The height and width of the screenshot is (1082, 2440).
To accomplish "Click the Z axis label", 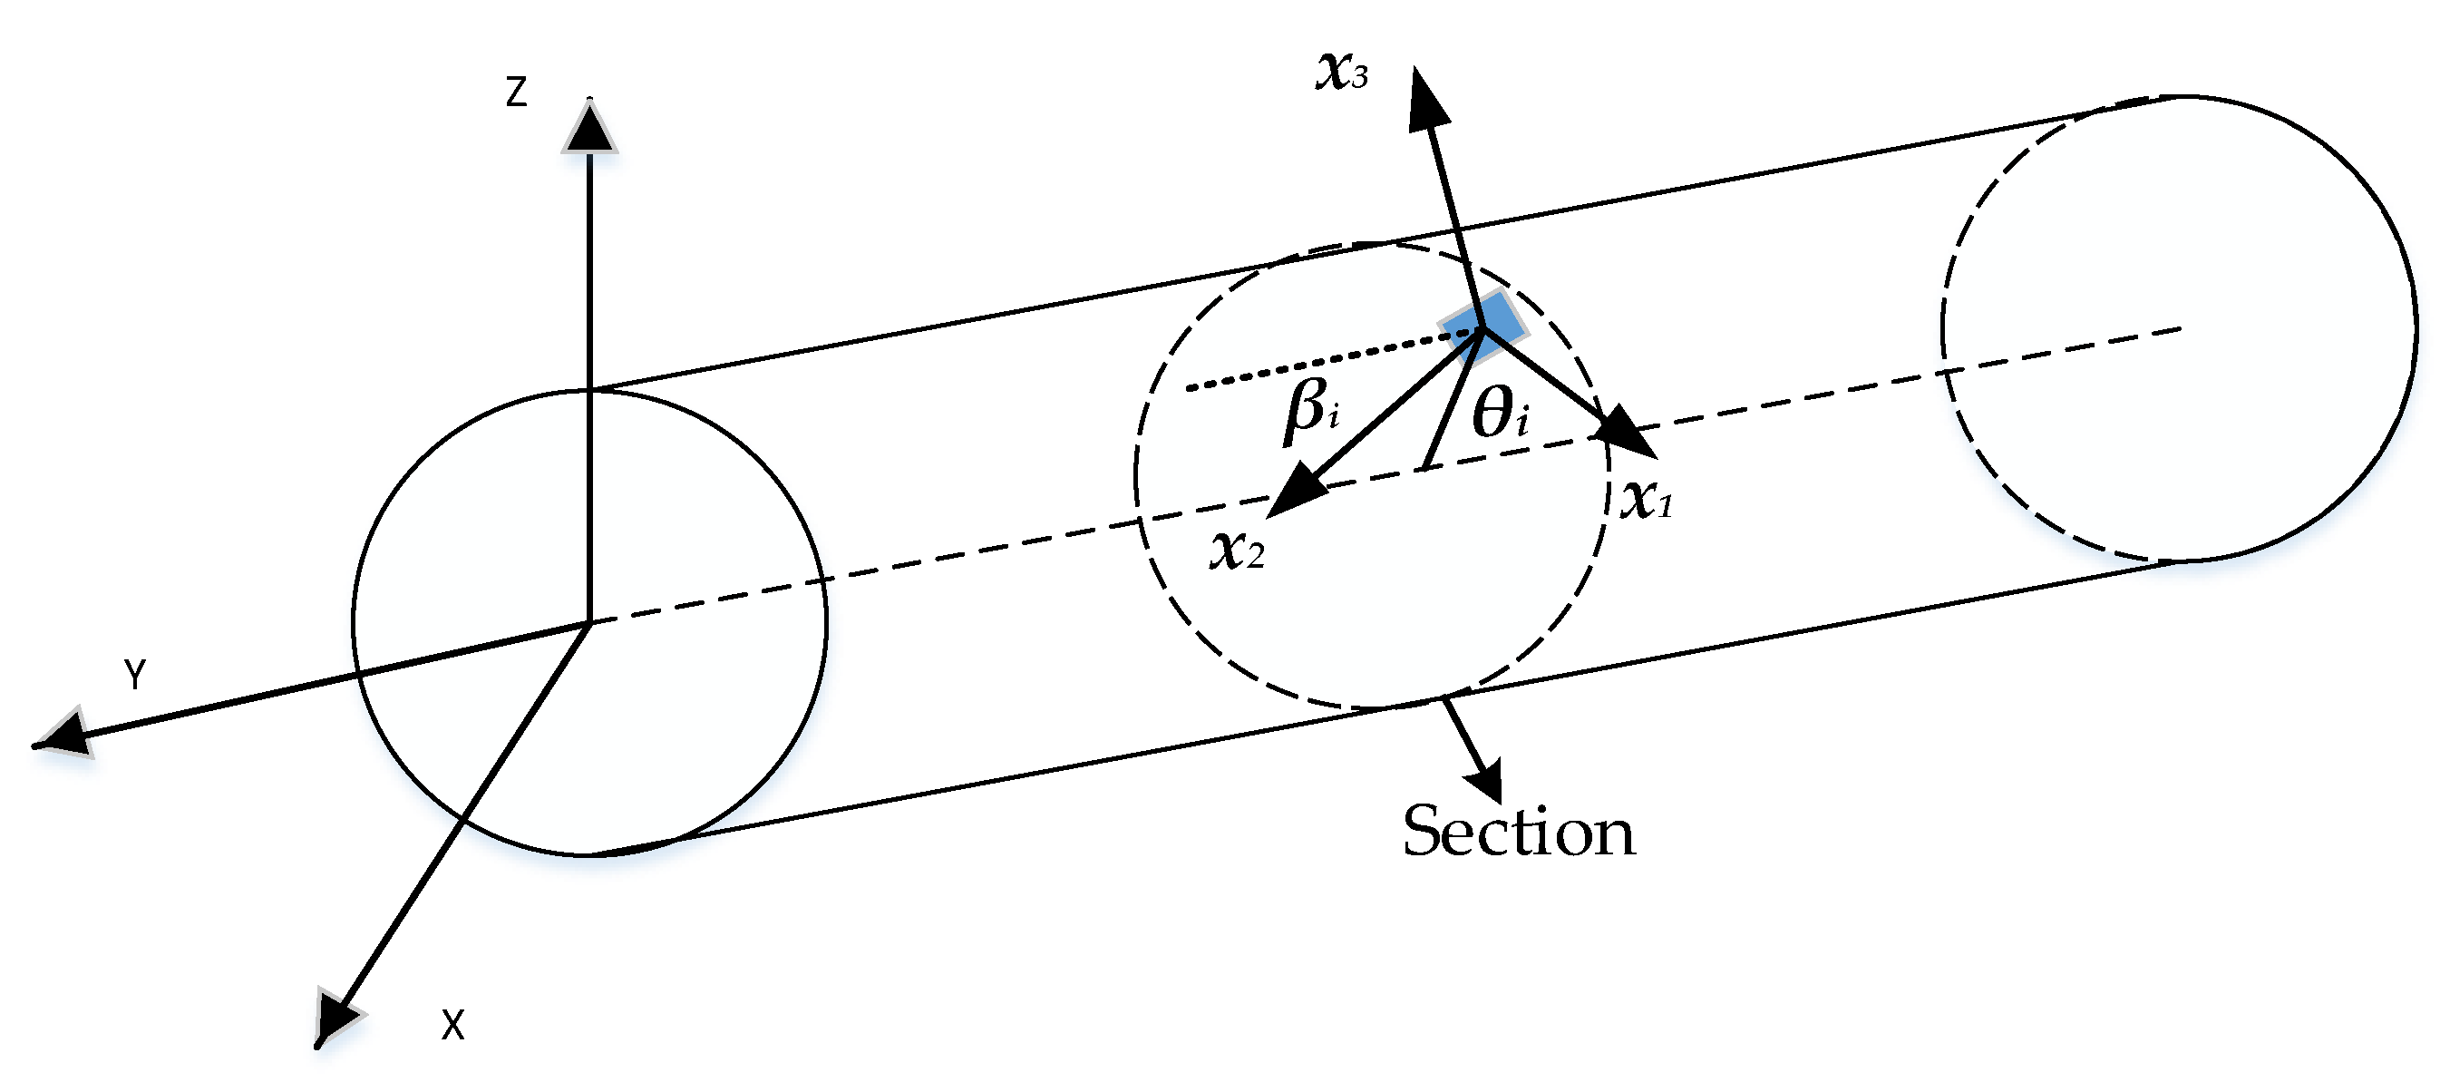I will click(x=516, y=93).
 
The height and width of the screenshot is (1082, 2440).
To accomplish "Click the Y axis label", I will click(x=135, y=675).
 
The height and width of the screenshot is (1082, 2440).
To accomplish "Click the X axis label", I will click(x=452, y=1025).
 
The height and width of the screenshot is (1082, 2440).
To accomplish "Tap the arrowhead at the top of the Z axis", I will click(x=589, y=129).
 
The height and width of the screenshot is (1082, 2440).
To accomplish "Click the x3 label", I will click(x=1341, y=72).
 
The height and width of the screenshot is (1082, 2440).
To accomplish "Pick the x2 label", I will click(x=1236, y=550).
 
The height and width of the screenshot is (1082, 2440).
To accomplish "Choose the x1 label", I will click(x=1647, y=500).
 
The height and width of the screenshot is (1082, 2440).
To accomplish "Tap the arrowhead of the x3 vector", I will click(x=1426, y=100).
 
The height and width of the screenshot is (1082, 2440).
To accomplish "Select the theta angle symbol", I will click(x=1501, y=415).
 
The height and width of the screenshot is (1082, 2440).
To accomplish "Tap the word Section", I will click(x=1519, y=832).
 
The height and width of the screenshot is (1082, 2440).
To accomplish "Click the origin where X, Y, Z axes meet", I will click(x=590, y=622).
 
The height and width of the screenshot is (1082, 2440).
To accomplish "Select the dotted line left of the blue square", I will click(x=1326, y=360).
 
